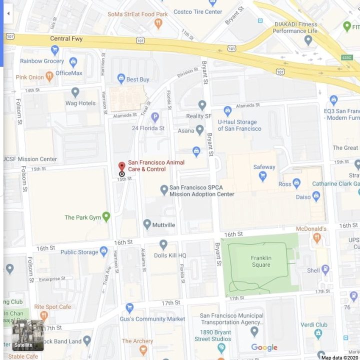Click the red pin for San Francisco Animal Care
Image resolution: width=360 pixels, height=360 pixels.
pos(121,167)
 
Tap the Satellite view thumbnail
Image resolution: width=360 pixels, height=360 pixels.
pos(28,335)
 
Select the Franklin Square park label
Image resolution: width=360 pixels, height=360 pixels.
pos(261,261)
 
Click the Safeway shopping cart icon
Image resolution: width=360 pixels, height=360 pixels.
pos(262,175)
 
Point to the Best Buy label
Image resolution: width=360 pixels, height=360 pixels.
pos(137,79)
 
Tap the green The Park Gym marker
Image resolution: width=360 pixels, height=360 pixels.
pos(106,216)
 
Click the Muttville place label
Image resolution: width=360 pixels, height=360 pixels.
pos(164,225)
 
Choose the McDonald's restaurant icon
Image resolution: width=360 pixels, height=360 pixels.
pos(316,238)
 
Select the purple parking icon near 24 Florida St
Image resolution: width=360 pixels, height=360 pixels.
pos(155,117)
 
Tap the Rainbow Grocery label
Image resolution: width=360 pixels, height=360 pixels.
pos(42,61)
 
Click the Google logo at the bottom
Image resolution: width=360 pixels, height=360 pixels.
pos(264,347)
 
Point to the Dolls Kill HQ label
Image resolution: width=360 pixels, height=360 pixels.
pos(170,255)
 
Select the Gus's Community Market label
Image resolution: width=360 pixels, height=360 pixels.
pos(152,319)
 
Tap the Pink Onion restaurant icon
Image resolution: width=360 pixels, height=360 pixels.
pos(49,76)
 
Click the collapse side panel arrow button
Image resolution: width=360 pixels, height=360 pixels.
pos(8,13)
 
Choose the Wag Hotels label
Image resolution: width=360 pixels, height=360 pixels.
pos(80,103)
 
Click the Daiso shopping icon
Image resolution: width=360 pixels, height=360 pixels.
pos(316,196)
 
